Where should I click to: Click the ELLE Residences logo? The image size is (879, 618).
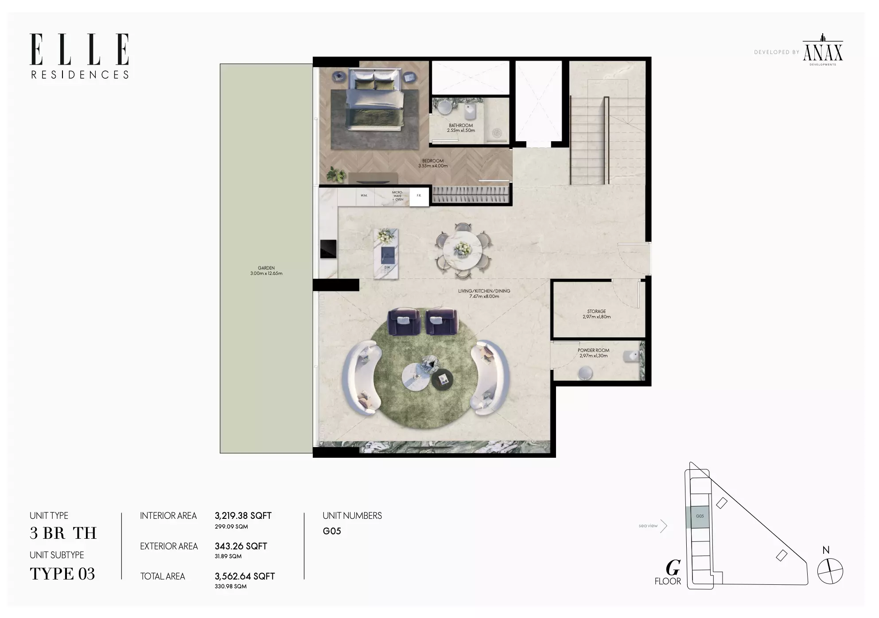click(x=80, y=56)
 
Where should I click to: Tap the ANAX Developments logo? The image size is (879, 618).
click(x=823, y=50)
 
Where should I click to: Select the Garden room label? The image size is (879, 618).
click(x=266, y=270)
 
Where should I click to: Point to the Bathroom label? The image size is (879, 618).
click(x=461, y=128)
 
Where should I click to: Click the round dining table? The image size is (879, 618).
click(x=463, y=250)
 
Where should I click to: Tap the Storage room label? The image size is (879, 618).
click(x=596, y=314)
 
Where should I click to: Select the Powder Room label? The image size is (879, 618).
click(x=593, y=353)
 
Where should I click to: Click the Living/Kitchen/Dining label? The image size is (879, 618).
click(x=484, y=294)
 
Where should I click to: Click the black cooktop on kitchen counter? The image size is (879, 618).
click(x=328, y=249)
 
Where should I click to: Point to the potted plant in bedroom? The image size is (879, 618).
click(x=336, y=175)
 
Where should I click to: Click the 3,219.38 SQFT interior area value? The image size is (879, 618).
click(x=243, y=516)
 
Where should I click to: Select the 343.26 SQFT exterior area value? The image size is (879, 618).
click(x=241, y=546)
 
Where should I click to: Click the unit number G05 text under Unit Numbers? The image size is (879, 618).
click(x=332, y=531)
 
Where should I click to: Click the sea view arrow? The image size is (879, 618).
click(x=664, y=526)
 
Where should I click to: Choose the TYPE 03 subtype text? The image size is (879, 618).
click(x=62, y=574)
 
